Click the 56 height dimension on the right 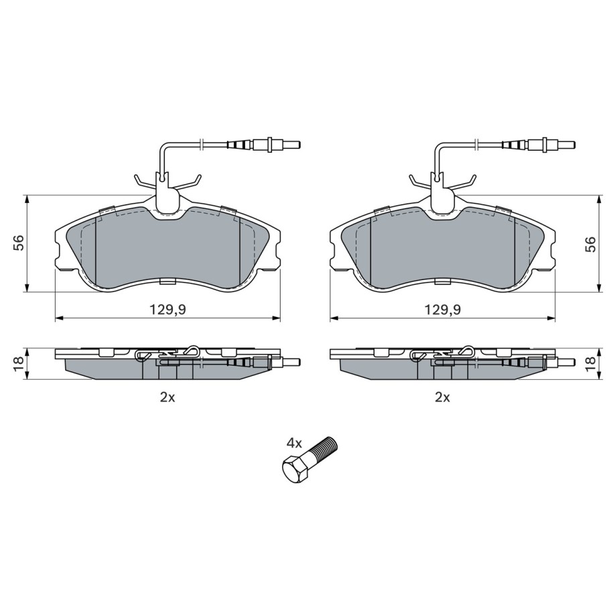(x=592, y=244)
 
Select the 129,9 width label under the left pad (x=168, y=310)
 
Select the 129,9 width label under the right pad (x=443, y=310)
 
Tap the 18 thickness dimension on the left (x=19, y=364)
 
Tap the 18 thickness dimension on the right (x=592, y=364)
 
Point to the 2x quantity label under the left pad (x=167, y=397)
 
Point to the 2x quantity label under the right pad (x=443, y=397)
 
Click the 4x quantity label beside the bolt (x=294, y=443)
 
